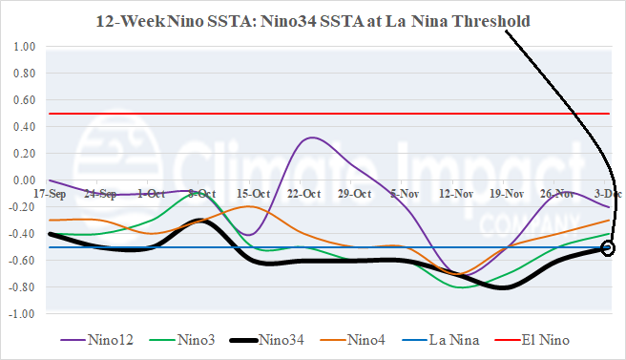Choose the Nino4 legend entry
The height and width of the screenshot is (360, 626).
click(369, 338)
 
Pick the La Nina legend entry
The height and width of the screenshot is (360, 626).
click(455, 338)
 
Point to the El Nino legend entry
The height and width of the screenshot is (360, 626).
click(548, 338)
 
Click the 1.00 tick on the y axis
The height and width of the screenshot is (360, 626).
click(24, 46)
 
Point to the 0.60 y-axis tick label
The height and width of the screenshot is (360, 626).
click(24, 99)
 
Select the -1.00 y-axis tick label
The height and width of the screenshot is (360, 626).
click(22, 313)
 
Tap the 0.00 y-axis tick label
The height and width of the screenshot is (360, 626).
click(24, 180)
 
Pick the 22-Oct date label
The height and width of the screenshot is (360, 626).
click(303, 193)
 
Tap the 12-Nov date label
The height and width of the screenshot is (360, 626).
click(456, 193)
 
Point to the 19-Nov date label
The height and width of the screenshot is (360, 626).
click(507, 193)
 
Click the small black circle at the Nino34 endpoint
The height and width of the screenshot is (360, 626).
click(608, 248)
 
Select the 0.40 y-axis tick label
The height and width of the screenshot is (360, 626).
click(24, 126)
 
